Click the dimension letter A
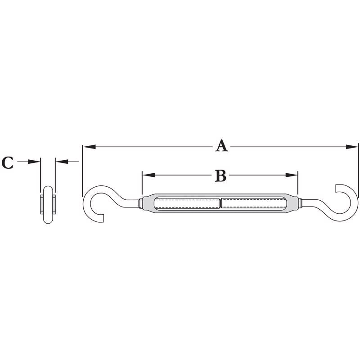point(221,146)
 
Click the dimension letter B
point(220,175)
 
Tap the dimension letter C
point(8,162)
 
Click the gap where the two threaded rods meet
point(220,203)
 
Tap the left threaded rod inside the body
point(187,203)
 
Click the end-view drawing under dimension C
point(48,205)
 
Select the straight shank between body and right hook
point(308,203)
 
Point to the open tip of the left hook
point(104,218)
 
